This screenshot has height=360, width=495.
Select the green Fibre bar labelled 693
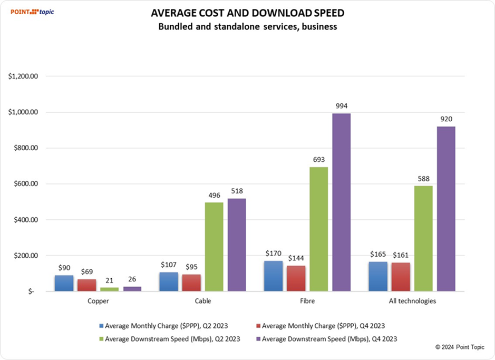coord(318,229)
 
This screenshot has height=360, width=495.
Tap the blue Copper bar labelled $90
coord(64,283)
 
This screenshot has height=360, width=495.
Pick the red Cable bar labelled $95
coord(191,282)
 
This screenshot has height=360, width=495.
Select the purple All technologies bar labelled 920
coord(446,208)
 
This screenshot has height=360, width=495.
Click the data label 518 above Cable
coord(237,191)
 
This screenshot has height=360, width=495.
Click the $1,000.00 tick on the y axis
coord(24,112)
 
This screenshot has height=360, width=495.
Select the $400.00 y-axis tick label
coord(24,220)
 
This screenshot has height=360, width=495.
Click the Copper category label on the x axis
coord(98,302)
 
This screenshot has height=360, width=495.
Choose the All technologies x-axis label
coord(412,302)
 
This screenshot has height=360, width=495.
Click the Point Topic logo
coord(33,11)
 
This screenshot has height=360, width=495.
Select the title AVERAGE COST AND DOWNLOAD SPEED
coord(248,13)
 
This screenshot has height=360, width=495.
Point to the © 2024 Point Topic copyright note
coord(458,347)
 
